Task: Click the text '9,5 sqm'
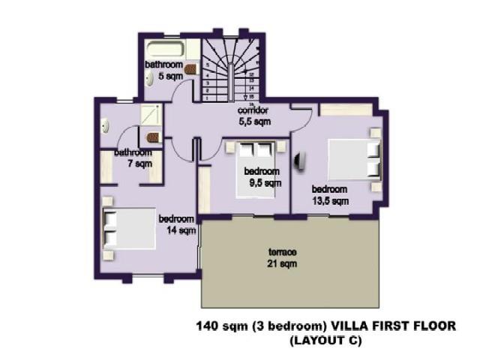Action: [265, 182]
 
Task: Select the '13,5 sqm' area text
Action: [330, 200]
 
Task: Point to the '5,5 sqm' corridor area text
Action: [254, 121]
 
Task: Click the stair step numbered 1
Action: [205, 97]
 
